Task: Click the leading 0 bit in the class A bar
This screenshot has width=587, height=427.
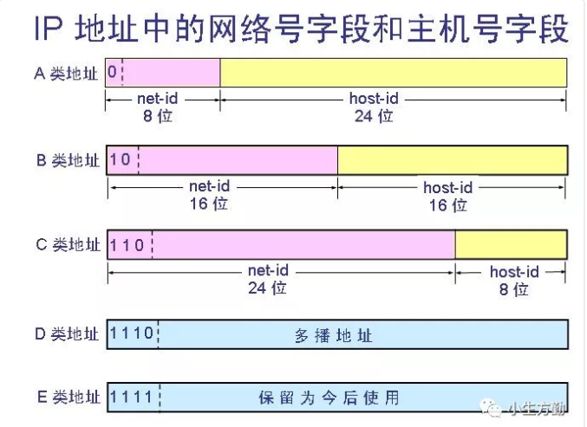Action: [113, 73]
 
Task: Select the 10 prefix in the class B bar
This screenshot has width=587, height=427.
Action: [121, 160]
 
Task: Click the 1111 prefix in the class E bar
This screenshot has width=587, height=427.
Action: [132, 398]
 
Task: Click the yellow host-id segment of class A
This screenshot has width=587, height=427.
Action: [393, 73]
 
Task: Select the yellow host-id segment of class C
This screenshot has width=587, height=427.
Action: [512, 245]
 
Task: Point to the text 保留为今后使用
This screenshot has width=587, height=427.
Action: [329, 398]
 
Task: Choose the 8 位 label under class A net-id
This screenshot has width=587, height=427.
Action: [158, 116]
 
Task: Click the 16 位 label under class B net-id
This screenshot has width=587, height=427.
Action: [209, 204]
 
